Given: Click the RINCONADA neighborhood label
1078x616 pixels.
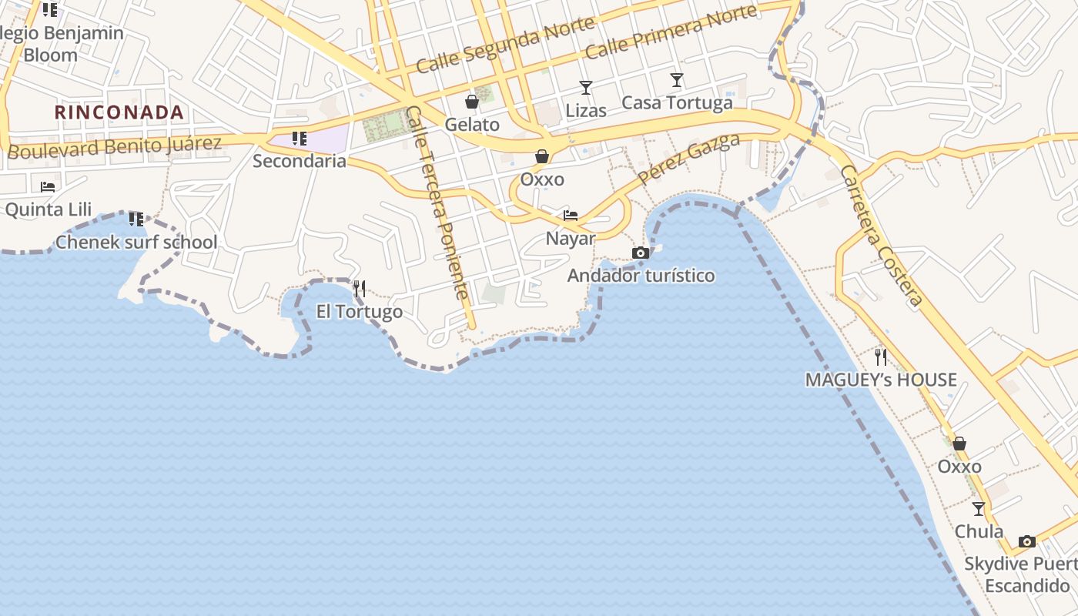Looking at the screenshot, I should pos(119,112).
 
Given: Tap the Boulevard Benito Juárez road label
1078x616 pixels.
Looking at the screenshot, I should pos(114,147).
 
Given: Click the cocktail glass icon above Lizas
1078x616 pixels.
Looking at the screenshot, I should pos(586,88).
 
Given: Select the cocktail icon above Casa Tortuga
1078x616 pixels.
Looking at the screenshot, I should pos(677,80).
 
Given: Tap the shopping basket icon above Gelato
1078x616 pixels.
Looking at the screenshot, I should pos(471,102).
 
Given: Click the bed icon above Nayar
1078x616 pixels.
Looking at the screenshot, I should pos(571,216).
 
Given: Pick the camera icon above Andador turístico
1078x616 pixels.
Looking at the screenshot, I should pos(641,253).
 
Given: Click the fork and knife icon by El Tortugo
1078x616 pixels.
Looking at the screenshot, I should pos(360,290).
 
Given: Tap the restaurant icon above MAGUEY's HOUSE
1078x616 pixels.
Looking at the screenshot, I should pos(881,357).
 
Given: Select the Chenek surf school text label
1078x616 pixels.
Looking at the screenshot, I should pos(136,243).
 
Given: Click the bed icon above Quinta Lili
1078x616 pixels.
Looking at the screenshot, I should pos(48,187).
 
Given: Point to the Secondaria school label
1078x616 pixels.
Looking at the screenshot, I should pos(300,162).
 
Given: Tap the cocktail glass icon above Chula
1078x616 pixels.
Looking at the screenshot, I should pos(979,509).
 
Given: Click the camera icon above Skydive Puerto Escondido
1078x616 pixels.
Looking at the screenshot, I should pos(1027,541).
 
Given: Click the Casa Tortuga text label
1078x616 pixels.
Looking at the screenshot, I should pos(677,102).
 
